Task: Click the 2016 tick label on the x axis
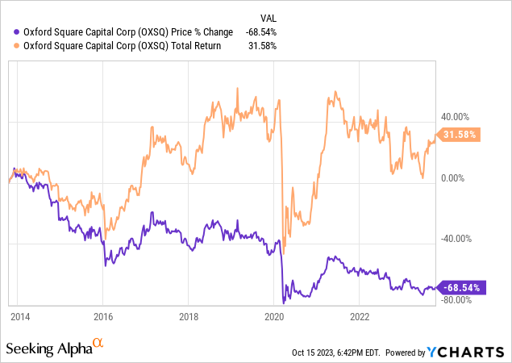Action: pyautogui.click(x=102, y=317)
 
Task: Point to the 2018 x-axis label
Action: pyautogui.click(x=188, y=317)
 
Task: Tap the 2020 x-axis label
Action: pyautogui.click(x=274, y=317)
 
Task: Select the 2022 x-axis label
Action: pyautogui.click(x=360, y=317)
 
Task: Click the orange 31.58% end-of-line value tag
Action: pyautogui.click(x=458, y=135)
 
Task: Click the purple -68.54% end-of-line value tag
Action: pyautogui.click(x=460, y=287)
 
